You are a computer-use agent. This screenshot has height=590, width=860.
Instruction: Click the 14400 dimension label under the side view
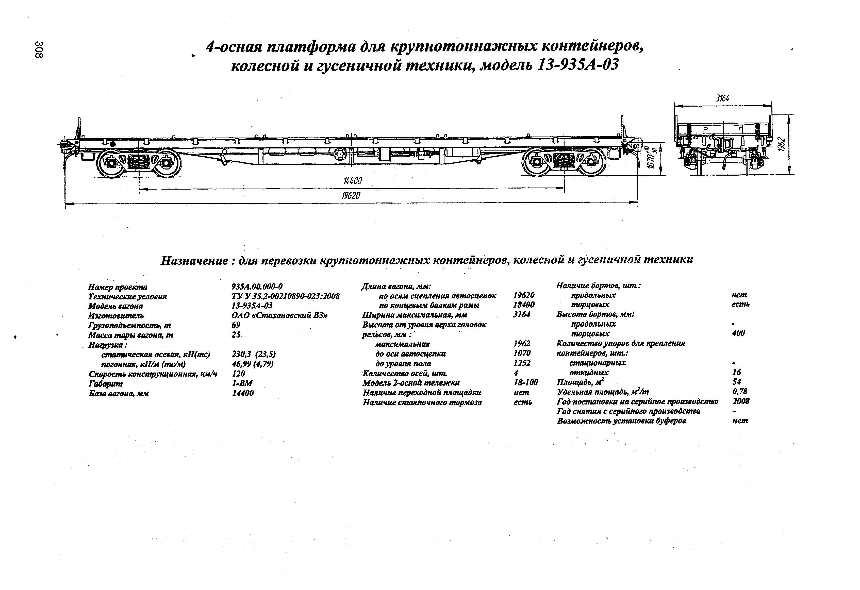[x=352, y=181]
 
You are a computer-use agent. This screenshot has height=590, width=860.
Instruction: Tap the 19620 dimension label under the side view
[x=351, y=195]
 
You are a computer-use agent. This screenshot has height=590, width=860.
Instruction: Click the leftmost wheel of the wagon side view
[x=110, y=162]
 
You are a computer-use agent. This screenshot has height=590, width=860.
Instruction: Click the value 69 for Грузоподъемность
[x=236, y=325]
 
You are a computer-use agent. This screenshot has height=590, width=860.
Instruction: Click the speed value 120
[x=238, y=374]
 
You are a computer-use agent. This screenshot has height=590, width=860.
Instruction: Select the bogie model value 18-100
[x=525, y=382]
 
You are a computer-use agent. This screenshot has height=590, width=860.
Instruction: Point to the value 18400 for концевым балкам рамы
[x=524, y=305]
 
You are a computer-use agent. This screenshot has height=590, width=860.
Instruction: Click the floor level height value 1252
[x=522, y=363]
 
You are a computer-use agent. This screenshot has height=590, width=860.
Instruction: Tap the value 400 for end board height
[x=738, y=333]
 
